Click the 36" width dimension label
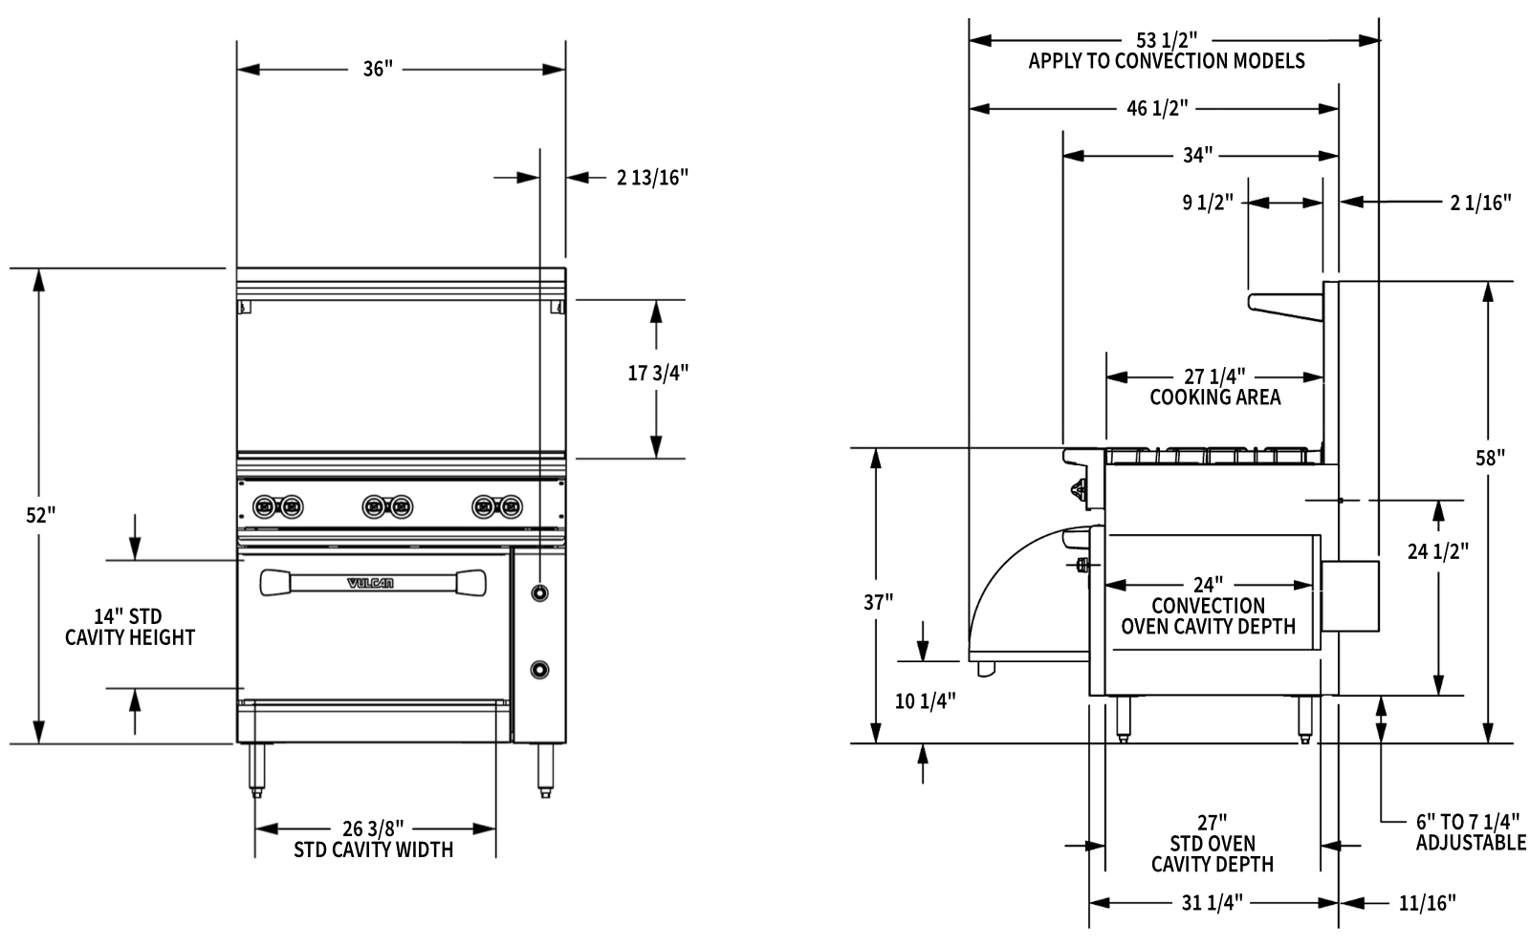click(x=378, y=70)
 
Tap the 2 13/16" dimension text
click(x=652, y=177)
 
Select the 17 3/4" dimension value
click(x=658, y=374)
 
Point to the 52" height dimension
click(x=41, y=515)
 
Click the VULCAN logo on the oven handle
click(x=369, y=583)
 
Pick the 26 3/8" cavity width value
click(x=373, y=828)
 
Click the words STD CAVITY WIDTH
click(x=373, y=849)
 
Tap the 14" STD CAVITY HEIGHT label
click(x=129, y=627)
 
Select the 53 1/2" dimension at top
click(x=1167, y=40)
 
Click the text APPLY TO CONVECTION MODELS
click(x=1167, y=62)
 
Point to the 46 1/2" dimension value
click(x=1157, y=108)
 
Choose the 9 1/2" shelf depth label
click(x=1208, y=203)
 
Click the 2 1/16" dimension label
click(x=1480, y=202)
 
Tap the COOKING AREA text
click(x=1214, y=398)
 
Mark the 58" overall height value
click(x=1490, y=458)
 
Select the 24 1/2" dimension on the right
click(x=1437, y=550)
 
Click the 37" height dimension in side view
click(x=878, y=602)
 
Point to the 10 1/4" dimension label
click(x=925, y=701)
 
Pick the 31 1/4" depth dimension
click(x=1212, y=902)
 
